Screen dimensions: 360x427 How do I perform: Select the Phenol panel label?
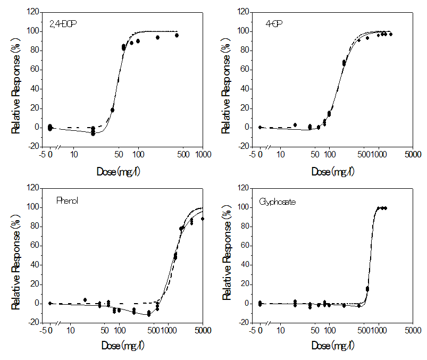pyautogui.click(x=67, y=200)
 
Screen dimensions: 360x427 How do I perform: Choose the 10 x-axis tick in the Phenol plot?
pyautogui.click(x=70, y=330)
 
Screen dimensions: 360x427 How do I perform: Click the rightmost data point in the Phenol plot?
pyautogui.click(x=202, y=219)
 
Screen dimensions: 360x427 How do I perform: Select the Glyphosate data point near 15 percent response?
pyautogui.click(x=367, y=289)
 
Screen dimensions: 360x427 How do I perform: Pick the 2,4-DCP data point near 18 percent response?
pyautogui.click(x=112, y=110)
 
